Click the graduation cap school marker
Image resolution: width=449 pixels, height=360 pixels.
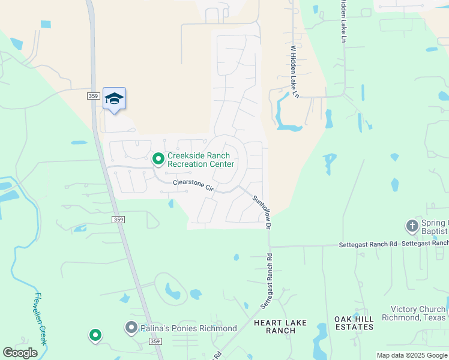pyautogui.click(x=114, y=99)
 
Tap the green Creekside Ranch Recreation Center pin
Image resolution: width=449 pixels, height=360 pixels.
pyautogui.click(x=158, y=159)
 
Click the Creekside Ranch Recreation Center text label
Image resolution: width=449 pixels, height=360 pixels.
pyautogui.click(x=200, y=160)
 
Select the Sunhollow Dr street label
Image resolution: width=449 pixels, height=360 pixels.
pyautogui.click(x=262, y=212)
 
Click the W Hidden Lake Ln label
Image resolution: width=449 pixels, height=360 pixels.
pyautogui.click(x=294, y=71)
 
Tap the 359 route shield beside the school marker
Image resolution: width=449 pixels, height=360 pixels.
pyautogui.click(x=92, y=95)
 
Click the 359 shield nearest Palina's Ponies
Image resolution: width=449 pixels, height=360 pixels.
pyautogui.click(x=155, y=341)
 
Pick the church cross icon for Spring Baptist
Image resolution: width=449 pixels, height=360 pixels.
pyautogui.click(x=412, y=226)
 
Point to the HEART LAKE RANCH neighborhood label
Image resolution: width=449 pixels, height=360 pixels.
pyautogui.click(x=280, y=326)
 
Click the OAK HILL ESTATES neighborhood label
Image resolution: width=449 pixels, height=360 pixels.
pyautogui.click(x=354, y=323)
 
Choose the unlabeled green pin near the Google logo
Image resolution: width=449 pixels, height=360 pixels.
pyautogui.click(x=95, y=335)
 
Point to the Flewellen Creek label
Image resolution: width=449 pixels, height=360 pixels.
pyautogui.click(x=40, y=317)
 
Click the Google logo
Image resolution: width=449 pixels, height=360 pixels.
pyautogui.click(x=20, y=353)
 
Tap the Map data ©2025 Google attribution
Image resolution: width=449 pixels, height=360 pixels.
pyautogui.click(x=411, y=355)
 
